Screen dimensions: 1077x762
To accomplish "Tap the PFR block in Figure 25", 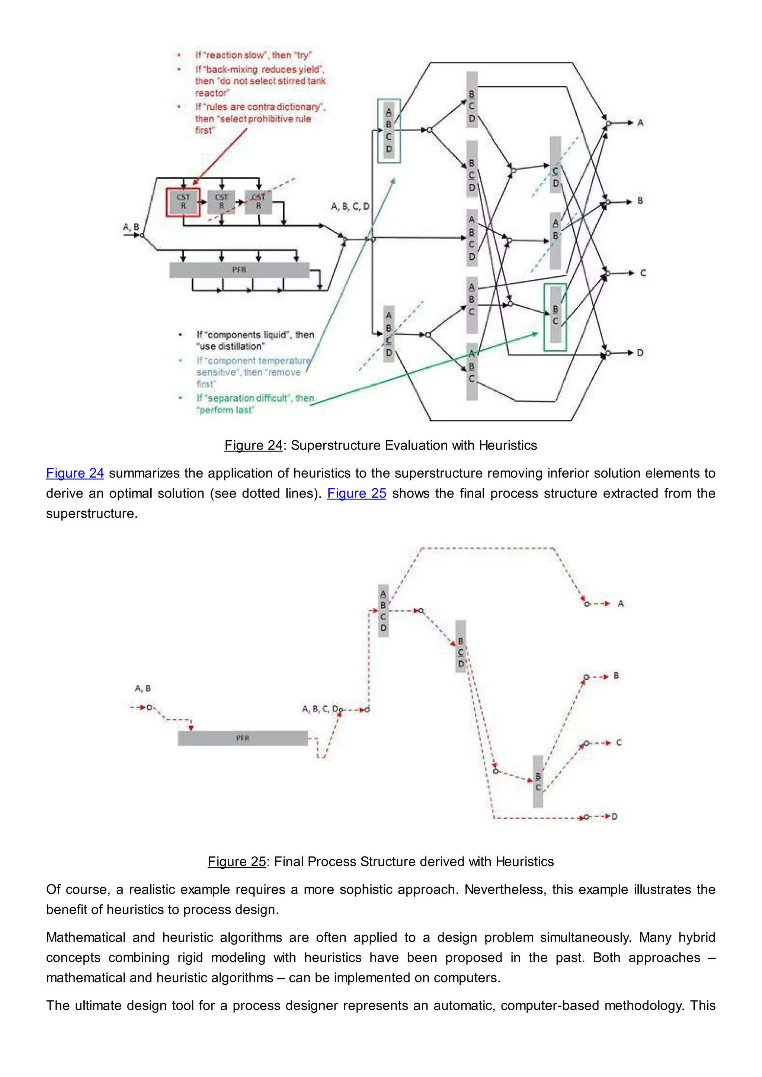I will pos(243,738).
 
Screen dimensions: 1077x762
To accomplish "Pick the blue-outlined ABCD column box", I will pos(389,131).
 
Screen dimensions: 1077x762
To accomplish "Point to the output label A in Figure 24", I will pos(640,123).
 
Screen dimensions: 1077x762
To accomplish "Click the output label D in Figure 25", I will pos(614,817).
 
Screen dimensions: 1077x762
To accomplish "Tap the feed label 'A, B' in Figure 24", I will pos(131,227).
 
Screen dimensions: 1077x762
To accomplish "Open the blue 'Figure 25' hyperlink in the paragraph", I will pos(356,493).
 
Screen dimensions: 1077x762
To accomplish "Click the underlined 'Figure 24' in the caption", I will pos(253,445).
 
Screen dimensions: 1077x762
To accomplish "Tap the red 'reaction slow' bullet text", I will pos(253,55).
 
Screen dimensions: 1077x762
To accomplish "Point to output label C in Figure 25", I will pos(618,743).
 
